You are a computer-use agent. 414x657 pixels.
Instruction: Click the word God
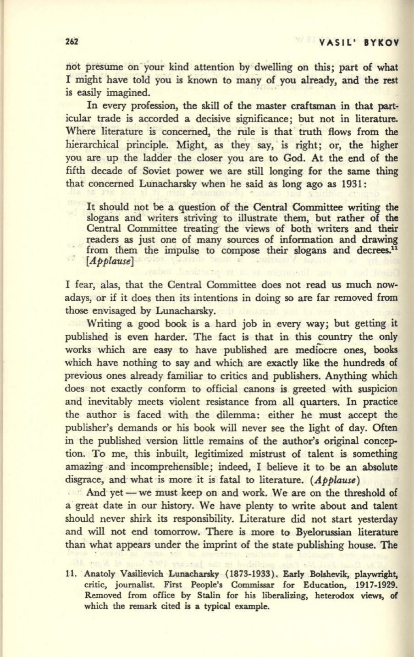[x=300, y=160]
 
